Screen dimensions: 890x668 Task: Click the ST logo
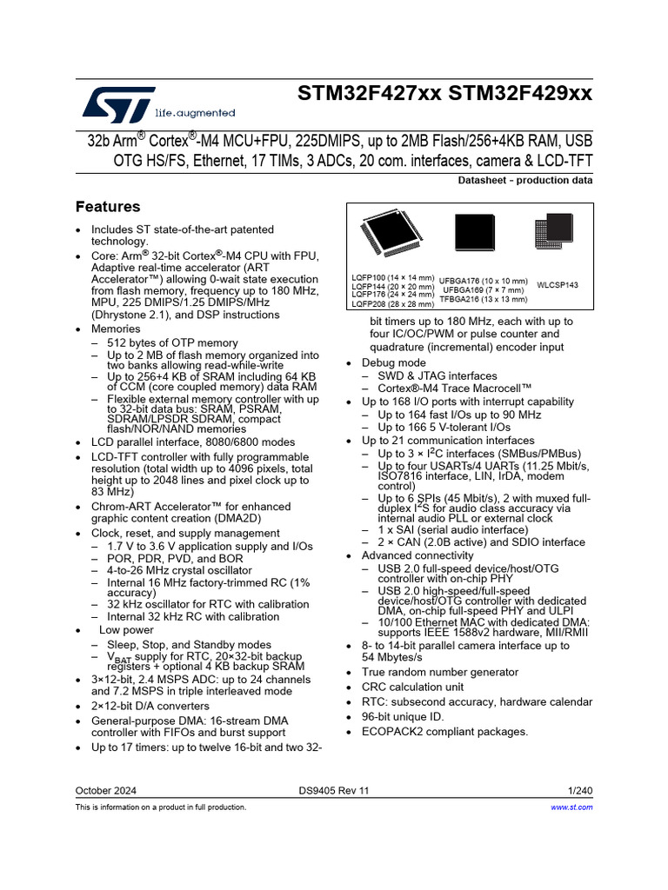coord(118,103)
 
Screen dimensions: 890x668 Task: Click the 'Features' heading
coord(108,207)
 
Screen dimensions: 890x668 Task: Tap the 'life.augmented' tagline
coord(195,113)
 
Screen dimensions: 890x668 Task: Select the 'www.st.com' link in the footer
coord(572,807)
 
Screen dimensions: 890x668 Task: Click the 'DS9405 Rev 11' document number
coord(334,791)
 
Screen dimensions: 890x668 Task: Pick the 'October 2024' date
coord(106,791)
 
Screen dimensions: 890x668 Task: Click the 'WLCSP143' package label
coord(558,285)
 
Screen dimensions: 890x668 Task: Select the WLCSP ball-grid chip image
coord(554,236)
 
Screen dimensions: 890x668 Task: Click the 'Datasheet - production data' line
coord(525,181)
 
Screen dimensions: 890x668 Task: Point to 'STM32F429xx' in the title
coord(521,94)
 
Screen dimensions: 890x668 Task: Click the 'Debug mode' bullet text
coord(394,362)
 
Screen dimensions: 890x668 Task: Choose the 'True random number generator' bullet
coord(440,672)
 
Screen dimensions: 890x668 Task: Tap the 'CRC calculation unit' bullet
coord(413,687)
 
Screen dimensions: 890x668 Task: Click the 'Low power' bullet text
coord(126,630)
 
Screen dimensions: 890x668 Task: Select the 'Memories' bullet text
coord(116,329)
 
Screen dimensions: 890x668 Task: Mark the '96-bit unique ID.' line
coord(403,717)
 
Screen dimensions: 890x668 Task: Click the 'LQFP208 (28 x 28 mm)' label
coord(392,304)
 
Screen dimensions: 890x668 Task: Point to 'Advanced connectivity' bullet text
coord(417,555)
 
